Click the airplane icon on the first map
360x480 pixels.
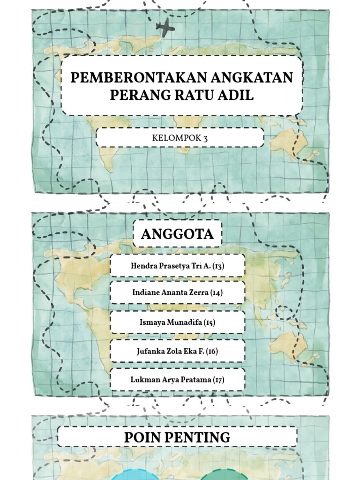click(x=165, y=28)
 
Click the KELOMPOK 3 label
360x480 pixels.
click(x=180, y=138)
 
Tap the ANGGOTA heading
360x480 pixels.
click(x=177, y=234)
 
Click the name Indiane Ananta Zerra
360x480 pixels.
click(x=171, y=293)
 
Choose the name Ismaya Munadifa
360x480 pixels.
click(x=171, y=322)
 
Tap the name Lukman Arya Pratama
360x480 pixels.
click(x=171, y=379)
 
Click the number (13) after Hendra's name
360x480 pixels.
click(x=218, y=266)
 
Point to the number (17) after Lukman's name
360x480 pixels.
click(x=218, y=379)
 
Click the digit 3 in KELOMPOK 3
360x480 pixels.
click(x=205, y=138)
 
